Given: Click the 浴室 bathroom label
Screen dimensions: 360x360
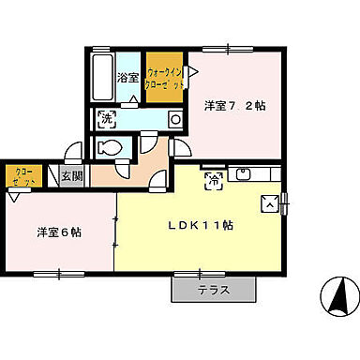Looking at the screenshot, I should pyautogui.click(x=127, y=80).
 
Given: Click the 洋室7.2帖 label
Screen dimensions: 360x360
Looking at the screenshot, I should pyautogui.click(x=234, y=105).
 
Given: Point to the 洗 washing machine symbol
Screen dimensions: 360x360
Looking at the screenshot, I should pyautogui.click(x=107, y=119).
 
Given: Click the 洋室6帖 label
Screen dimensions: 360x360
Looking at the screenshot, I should pyautogui.click(x=59, y=232).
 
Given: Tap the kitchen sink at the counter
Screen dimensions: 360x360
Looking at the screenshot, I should pyautogui.click(x=245, y=174).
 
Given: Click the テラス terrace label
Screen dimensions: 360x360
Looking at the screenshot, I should pyautogui.click(x=214, y=291).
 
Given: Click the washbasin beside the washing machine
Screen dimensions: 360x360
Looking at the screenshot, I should pyautogui.click(x=174, y=119).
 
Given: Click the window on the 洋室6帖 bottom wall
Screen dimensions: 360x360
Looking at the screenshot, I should pyautogui.click(x=58, y=274).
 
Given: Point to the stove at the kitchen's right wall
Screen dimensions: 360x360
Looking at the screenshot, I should pyautogui.click(x=270, y=202).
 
